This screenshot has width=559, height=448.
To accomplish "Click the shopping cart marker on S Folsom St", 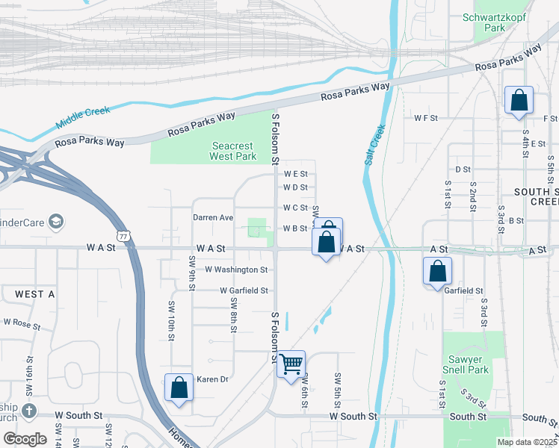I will [x=291, y=364].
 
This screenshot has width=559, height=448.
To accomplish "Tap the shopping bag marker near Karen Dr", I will [x=179, y=388].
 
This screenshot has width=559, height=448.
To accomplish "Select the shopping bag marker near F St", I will [x=519, y=101].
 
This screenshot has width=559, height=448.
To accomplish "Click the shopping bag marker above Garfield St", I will [x=437, y=272].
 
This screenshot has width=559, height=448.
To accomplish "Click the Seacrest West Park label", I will [x=233, y=152].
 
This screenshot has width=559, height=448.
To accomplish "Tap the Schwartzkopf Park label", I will [x=484, y=22].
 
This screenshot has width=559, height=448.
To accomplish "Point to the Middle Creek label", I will [x=82, y=117].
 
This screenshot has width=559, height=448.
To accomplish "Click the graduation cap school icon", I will [x=55, y=222].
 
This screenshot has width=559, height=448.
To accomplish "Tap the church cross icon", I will [x=28, y=411].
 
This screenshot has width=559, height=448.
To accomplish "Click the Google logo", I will [x=25, y=438].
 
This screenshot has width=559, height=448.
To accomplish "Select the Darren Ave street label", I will [x=213, y=217].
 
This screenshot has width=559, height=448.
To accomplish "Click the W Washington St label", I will [x=236, y=269].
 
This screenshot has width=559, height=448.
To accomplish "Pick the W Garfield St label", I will [x=244, y=290].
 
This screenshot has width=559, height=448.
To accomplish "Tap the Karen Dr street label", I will [x=212, y=379].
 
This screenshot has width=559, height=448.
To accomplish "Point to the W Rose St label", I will [x=22, y=324].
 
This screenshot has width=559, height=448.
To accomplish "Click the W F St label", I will [x=425, y=118].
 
